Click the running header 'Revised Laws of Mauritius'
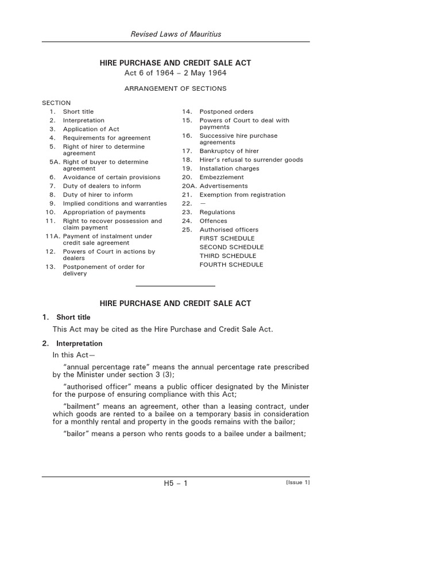click(x=175, y=34)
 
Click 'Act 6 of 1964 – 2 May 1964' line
click(x=175, y=73)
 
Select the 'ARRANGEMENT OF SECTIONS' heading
click(x=175, y=88)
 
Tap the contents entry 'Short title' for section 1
click(x=78, y=111)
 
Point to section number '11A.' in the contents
click(x=52, y=236)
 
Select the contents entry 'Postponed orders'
click(x=226, y=111)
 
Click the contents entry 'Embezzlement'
click(x=221, y=177)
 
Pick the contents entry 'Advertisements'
click(x=223, y=186)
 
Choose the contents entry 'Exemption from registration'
click(x=242, y=195)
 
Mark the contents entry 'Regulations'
click(x=217, y=212)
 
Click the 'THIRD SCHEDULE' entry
click(x=227, y=256)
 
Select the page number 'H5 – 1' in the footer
click(x=176, y=483)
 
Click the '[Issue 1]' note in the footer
click(x=297, y=482)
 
